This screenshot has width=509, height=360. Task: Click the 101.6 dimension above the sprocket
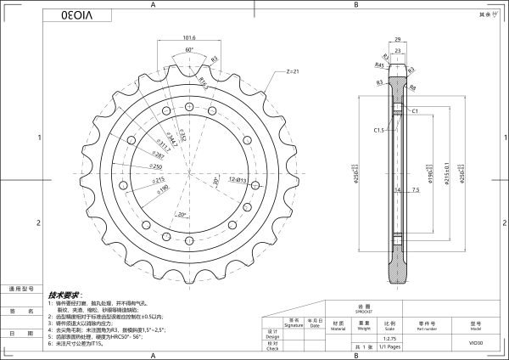[x=189, y=38]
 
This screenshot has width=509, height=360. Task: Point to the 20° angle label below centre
[x=182, y=215]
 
